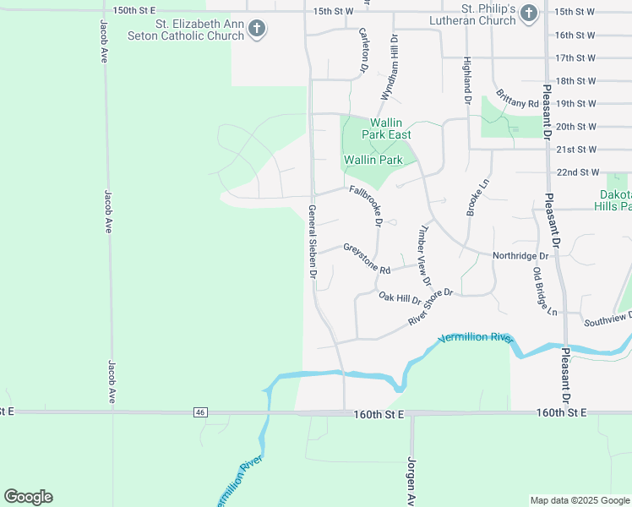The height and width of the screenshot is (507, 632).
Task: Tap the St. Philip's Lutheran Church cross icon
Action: pyautogui.click(x=528, y=13)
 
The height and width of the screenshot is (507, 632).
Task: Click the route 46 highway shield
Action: pyautogui.click(x=199, y=412)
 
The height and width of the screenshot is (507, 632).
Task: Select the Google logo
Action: pyautogui.click(x=28, y=497)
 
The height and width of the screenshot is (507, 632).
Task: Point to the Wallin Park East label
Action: pyautogui.click(x=387, y=128)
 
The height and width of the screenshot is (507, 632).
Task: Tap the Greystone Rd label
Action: pyautogui.click(x=367, y=259)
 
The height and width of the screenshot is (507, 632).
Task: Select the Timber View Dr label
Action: pyautogui.click(x=423, y=254)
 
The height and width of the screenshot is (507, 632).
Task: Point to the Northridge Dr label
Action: pyautogui.click(x=520, y=255)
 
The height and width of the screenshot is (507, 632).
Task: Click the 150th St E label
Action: pyautogui.click(x=136, y=9)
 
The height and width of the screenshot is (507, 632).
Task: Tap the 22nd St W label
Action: pyautogui.click(x=577, y=172)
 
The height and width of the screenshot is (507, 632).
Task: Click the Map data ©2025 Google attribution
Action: pyautogui.click(x=579, y=500)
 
